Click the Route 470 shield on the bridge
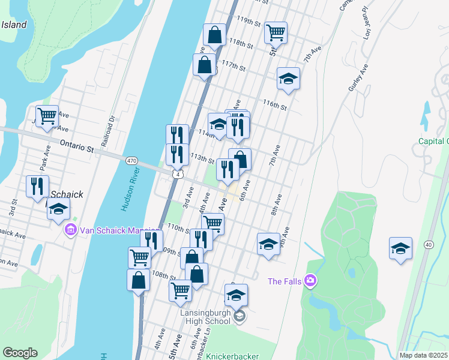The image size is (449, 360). pos(132,160)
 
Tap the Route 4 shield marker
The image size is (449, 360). pos(178,174)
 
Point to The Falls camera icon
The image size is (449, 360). pos(310,280)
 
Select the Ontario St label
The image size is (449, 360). pos(77,146)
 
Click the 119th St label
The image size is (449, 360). pos(249,21)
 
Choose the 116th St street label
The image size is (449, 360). pos(274,105)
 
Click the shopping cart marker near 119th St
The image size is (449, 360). pos(276,32)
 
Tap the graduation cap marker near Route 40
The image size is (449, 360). pos(400,248)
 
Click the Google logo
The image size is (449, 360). pos(20,353)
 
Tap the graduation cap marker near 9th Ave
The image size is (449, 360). pos(268,244)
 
